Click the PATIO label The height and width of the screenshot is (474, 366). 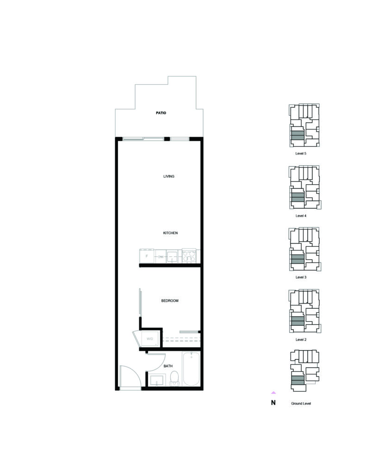pos(161,113)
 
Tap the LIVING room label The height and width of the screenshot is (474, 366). pos(168,176)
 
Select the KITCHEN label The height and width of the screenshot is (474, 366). pos(170,233)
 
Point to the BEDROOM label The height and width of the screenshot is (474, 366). pos(169,301)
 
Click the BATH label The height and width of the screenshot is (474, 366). pos(168,366)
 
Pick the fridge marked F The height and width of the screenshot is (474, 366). pos(147,256)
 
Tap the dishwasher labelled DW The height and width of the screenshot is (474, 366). pos(161,256)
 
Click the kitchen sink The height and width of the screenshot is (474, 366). pos(174,256)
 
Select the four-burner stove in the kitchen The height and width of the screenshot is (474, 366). pos(189,256)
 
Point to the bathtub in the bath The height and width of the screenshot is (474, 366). pos(191,369)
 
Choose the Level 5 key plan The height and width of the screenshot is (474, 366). pos(304,125)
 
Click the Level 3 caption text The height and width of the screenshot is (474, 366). pos(301,277)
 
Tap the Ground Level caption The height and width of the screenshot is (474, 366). pos(301,404)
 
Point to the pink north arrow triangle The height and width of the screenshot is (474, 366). pos(273,393)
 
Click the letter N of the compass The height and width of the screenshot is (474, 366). pos(273,403)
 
